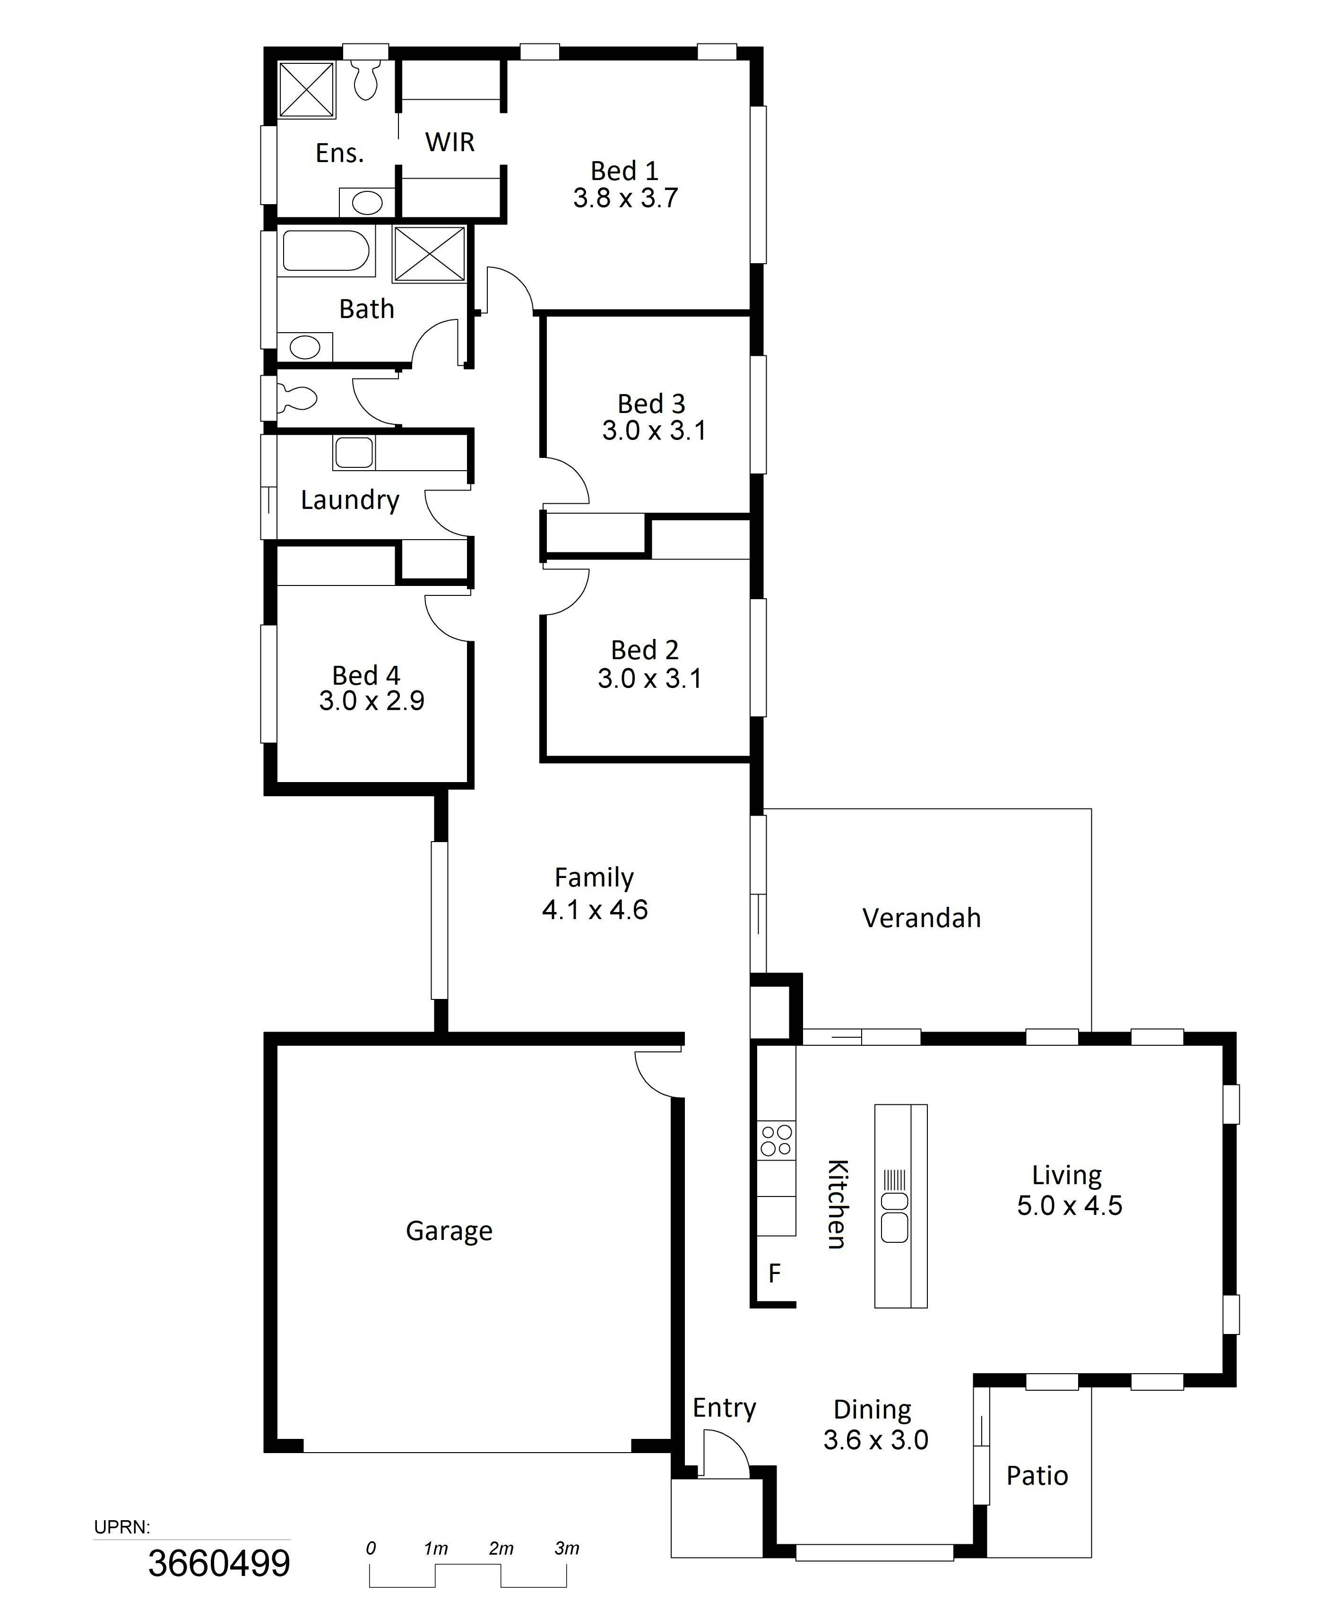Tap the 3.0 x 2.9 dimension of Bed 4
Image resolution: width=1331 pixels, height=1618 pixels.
coord(372,700)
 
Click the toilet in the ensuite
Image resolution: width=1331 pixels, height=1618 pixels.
coord(366,79)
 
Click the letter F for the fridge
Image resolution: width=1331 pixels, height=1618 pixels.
coord(774,1273)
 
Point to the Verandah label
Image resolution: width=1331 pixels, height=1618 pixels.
coord(922,918)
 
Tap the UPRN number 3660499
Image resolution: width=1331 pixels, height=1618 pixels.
coord(219,1564)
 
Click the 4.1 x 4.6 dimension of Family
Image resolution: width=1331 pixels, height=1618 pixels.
coord(595,910)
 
